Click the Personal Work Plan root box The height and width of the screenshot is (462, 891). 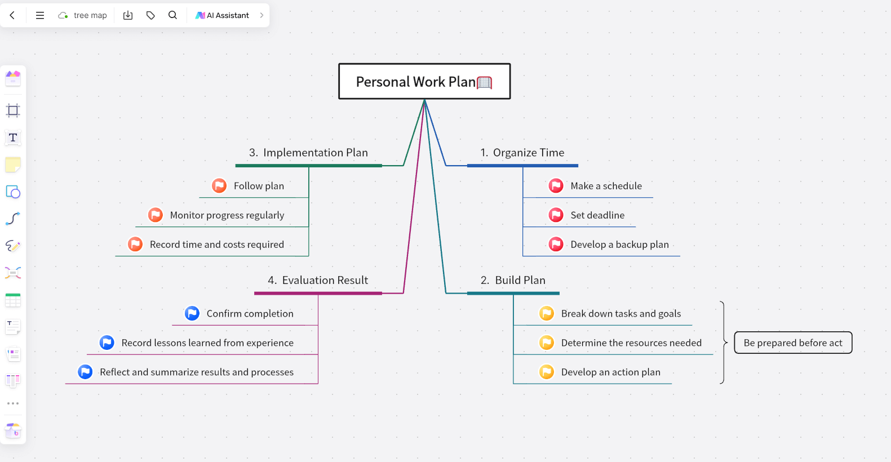(424, 82)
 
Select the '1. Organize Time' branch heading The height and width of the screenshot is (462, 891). (522, 153)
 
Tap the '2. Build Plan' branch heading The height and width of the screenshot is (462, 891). (513, 281)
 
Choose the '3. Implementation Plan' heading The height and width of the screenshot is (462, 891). (308, 153)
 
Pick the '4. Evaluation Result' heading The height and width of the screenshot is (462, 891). (318, 281)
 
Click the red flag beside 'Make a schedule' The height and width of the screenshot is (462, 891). (556, 186)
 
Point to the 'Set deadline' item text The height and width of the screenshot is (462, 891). (597, 215)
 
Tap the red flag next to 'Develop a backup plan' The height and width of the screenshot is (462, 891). (556, 245)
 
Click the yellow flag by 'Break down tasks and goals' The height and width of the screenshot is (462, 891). (547, 314)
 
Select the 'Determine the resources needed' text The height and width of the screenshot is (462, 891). (631, 343)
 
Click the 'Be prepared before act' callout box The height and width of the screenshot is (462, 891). (793, 343)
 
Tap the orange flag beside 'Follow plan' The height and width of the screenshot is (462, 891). (219, 186)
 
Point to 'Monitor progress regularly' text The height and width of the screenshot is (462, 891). (227, 215)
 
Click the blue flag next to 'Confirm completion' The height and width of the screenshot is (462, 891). (192, 314)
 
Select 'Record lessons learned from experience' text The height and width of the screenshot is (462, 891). (207, 343)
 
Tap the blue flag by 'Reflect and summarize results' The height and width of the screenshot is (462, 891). (85, 372)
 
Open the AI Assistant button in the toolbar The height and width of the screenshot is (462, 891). (223, 15)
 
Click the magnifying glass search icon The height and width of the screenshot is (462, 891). (172, 15)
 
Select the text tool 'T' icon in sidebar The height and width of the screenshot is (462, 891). (13, 137)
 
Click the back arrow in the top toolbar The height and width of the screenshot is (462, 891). (12, 15)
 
